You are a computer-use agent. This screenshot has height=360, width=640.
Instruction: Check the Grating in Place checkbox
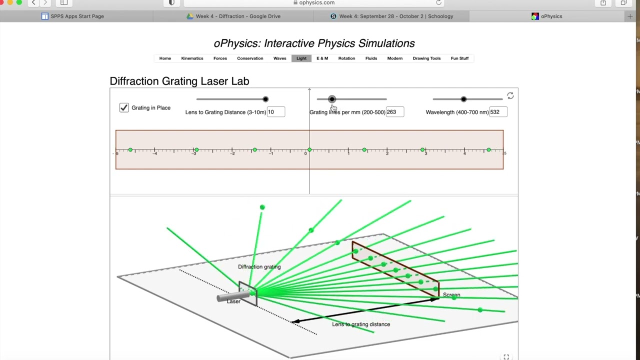pos(124,107)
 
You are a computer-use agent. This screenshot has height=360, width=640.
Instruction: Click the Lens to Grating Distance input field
pos(276,112)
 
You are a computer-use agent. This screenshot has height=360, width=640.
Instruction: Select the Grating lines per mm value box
pos(394,112)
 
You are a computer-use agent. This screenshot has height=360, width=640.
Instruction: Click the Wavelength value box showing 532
pos(498,112)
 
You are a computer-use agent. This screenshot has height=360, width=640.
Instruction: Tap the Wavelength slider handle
pos(463,99)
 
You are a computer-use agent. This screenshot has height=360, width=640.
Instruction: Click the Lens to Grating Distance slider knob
pos(265,99)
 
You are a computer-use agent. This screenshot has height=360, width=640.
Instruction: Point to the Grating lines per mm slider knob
pos(332,99)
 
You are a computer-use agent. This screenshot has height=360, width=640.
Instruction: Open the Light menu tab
pos(301,58)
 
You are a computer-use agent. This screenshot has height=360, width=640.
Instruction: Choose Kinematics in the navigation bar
pos(192,58)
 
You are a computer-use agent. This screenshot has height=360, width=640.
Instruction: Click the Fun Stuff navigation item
pos(459,58)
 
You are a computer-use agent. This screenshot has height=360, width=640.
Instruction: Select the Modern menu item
pos(394,58)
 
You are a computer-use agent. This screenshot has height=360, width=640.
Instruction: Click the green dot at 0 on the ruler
pos(309,150)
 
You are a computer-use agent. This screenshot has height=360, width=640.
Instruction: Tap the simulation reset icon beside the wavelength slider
pos(510,95)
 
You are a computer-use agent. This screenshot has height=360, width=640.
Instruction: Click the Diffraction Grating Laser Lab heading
pos(179,81)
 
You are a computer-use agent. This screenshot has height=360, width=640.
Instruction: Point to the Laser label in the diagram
pos(233,301)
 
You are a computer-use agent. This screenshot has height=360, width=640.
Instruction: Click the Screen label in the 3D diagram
pos(451,295)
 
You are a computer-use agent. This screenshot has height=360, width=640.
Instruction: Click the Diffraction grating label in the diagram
pos(259,267)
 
